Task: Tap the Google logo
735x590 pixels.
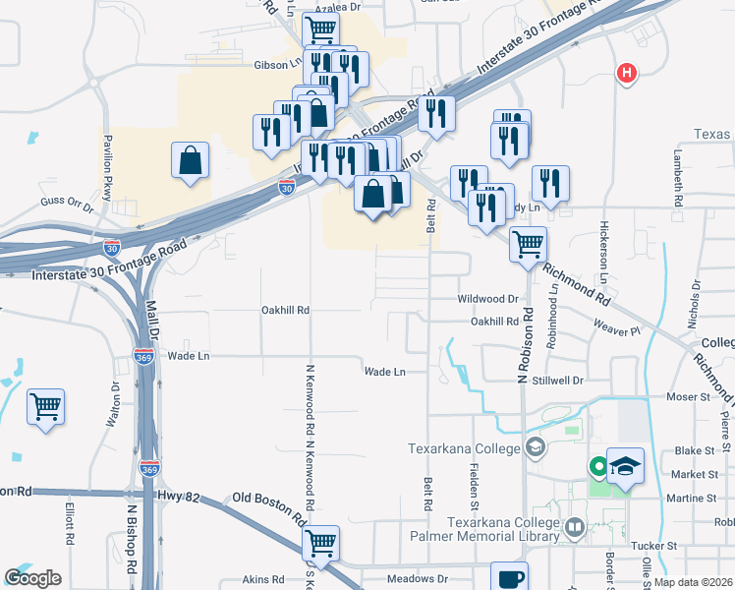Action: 33,577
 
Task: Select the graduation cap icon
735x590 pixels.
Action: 625,465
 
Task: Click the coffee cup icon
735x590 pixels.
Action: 508,577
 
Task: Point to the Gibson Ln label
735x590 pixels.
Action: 277,64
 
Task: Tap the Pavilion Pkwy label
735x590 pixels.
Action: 106,159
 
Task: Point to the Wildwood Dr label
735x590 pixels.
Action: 487,298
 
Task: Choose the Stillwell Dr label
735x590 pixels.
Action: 557,379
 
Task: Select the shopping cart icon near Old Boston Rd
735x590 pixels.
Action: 320,542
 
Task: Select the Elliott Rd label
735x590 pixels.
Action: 70,526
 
